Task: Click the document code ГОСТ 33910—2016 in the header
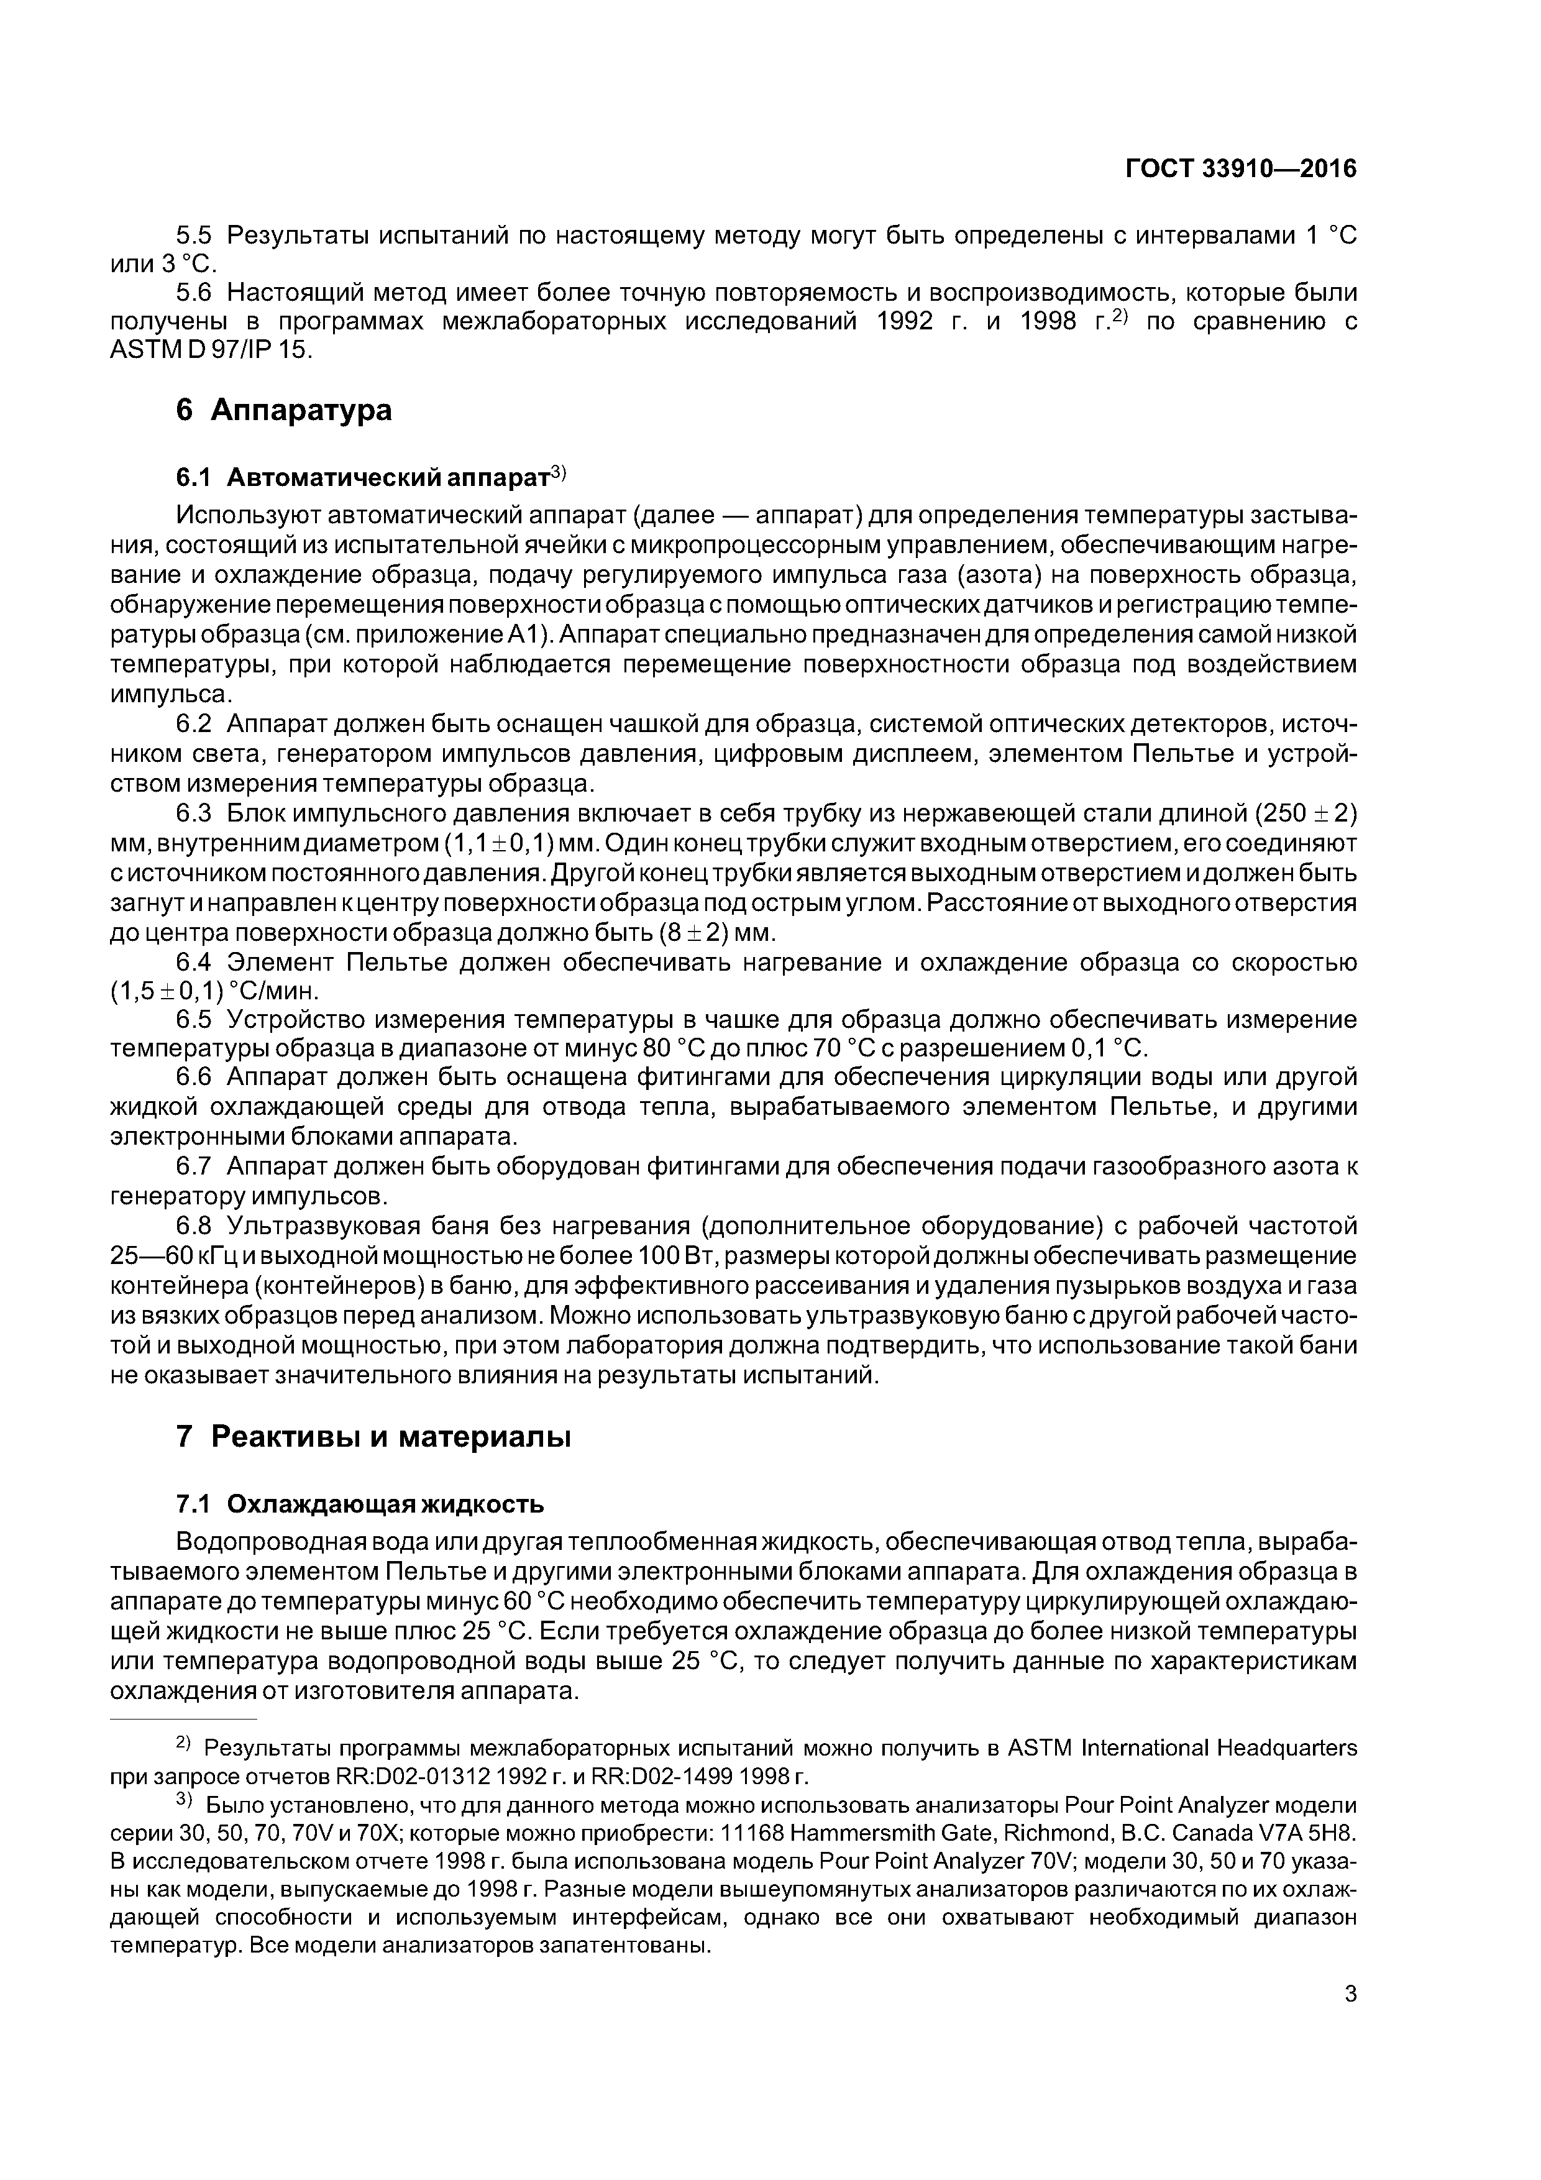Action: [1240, 169]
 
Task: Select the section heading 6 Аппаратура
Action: [284, 410]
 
